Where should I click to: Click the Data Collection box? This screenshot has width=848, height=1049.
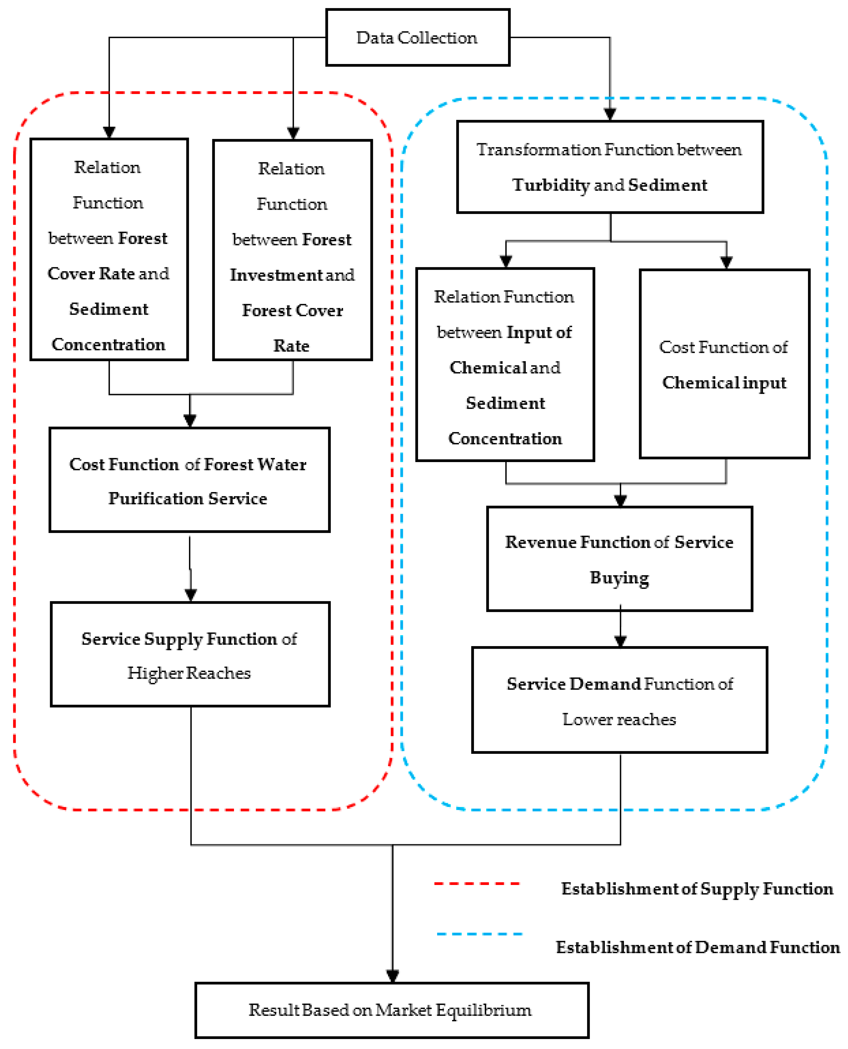418,38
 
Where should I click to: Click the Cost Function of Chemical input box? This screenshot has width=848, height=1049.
724,364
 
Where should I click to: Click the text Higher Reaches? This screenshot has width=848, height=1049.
189,673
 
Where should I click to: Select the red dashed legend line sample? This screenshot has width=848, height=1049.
477,884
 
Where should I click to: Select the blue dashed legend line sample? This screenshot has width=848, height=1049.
480,934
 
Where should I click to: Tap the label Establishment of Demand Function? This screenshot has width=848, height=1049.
697,947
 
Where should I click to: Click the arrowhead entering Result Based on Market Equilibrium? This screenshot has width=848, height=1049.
392,976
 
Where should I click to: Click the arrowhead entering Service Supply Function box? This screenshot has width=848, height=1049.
191,595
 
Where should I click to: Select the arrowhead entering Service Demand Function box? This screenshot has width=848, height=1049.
620,641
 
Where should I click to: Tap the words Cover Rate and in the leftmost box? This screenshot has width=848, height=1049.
109,274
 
